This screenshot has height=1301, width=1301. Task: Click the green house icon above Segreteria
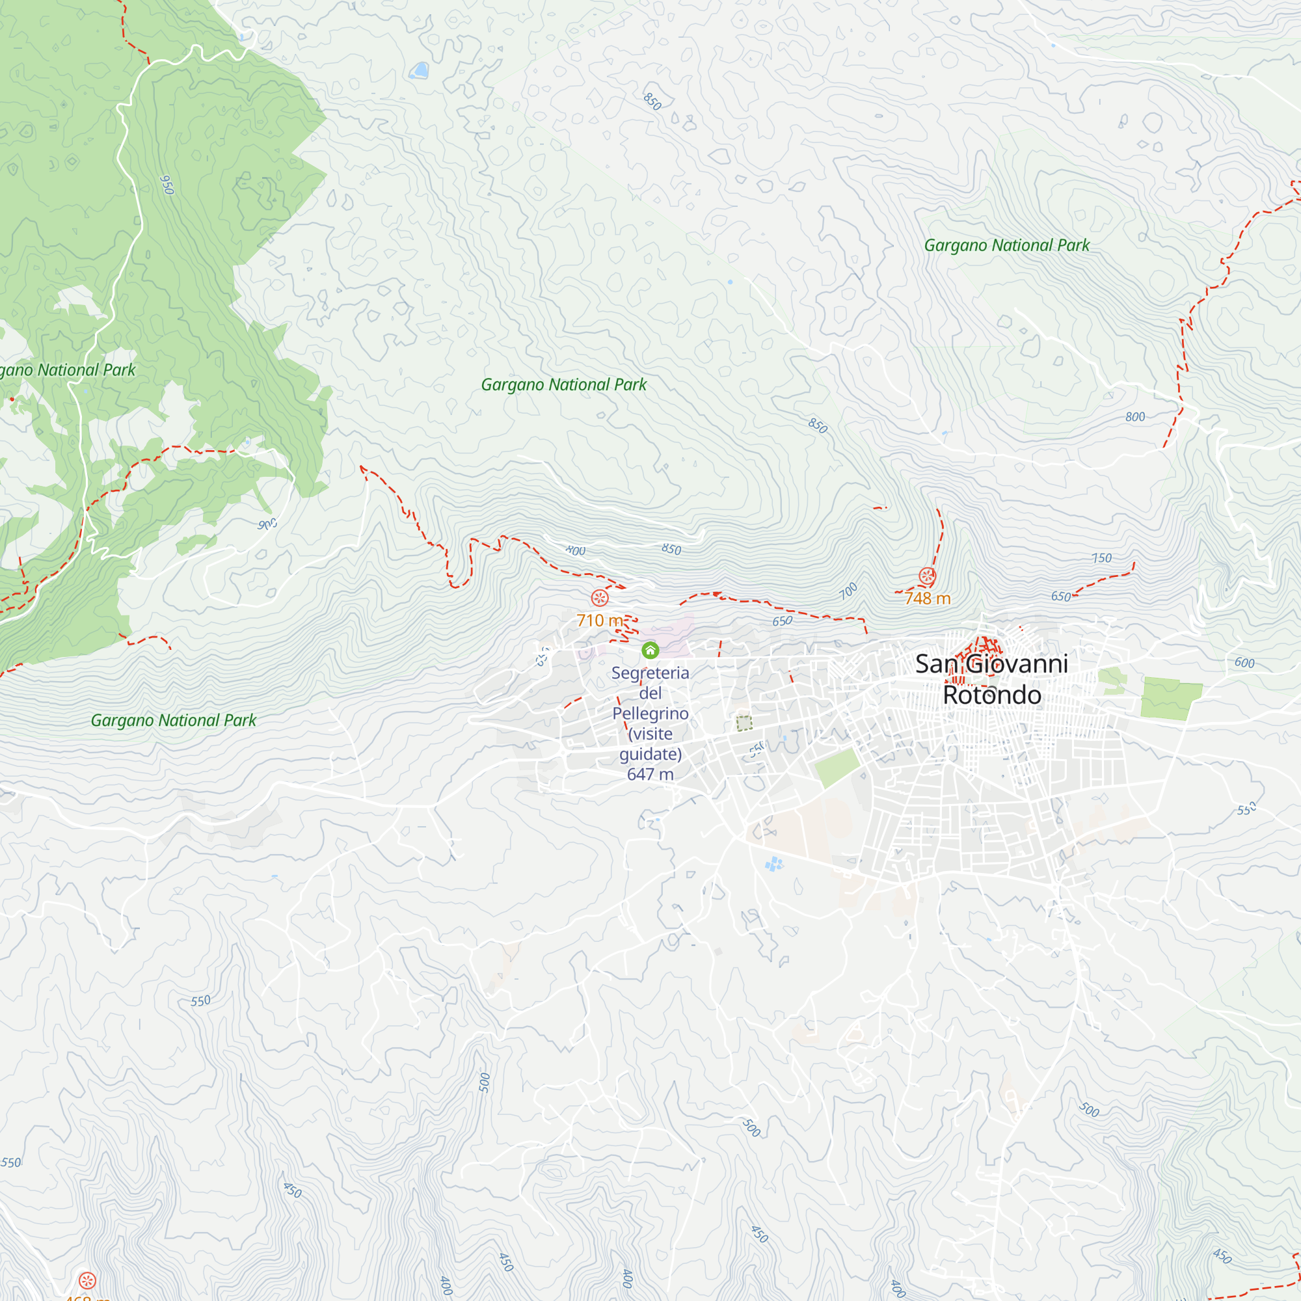(650, 650)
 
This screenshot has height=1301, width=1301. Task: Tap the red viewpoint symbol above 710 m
(599, 598)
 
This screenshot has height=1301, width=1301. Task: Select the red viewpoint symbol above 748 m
(927, 576)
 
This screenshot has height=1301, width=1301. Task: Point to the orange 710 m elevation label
(599, 620)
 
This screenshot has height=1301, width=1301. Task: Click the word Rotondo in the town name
(992, 695)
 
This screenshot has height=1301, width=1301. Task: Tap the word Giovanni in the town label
(1017, 665)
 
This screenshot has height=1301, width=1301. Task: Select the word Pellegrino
(650, 713)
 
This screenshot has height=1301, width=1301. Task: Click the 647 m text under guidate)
(650, 774)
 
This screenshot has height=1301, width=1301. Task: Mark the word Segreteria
(650, 673)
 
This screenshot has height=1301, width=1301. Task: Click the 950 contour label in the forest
(167, 185)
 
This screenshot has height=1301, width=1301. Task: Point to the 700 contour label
(848, 591)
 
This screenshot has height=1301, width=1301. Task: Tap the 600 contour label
(1244, 663)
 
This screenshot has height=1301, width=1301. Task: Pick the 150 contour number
(1102, 558)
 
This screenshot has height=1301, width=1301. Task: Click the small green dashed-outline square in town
(744, 724)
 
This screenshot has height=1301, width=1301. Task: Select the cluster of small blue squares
(774, 864)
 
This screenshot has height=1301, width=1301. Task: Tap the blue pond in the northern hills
(420, 70)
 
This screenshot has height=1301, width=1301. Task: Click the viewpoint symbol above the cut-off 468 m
(87, 1280)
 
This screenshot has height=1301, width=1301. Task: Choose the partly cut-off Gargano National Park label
(68, 369)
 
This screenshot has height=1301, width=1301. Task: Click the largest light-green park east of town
(1170, 698)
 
